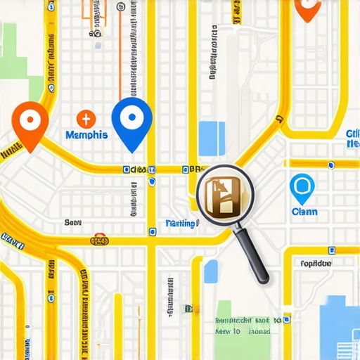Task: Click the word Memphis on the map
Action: [86, 134]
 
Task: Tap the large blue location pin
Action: [131, 121]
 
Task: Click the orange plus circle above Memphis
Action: [84, 118]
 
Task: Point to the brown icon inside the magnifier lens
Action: [221, 194]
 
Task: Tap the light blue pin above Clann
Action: [302, 188]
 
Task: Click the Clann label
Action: [304, 212]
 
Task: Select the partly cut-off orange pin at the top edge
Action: [307, 8]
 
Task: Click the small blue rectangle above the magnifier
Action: [212, 138]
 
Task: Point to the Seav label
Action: [73, 222]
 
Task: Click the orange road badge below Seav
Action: [100, 240]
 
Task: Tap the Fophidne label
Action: [315, 264]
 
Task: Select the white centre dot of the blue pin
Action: [131, 117]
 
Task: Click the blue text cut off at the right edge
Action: [353, 139]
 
